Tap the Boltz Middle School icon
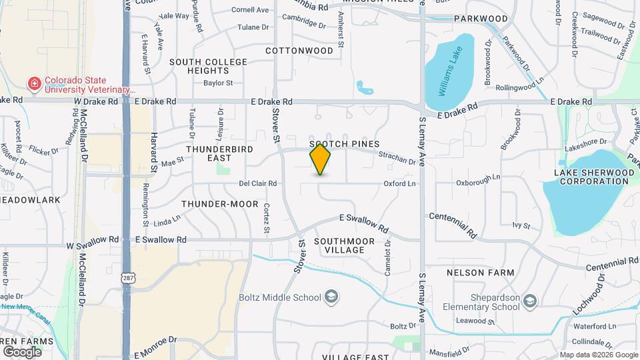click(331, 297)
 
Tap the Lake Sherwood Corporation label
click(593, 177)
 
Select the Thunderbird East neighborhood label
click(219, 153)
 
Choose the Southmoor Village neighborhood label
click(339, 245)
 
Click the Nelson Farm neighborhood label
click(480, 273)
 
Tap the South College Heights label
click(208, 66)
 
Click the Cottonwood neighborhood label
click(299, 51)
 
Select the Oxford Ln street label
click(399, 183)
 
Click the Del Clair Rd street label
click(258, 183)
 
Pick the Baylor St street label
click(218, 83)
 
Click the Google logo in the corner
click(22, 351)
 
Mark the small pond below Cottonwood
click(364, 87)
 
